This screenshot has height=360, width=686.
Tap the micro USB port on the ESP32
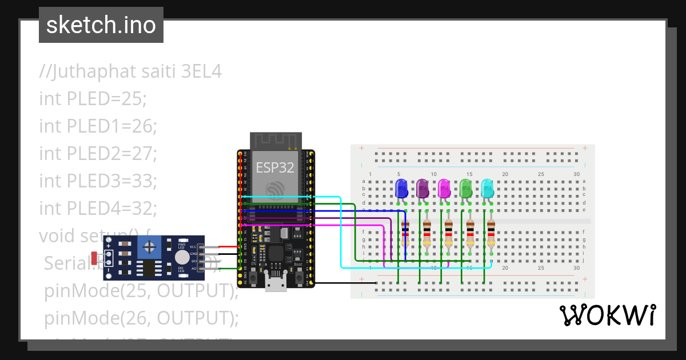click(276, 284)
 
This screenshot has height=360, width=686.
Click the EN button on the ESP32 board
click(254, 278)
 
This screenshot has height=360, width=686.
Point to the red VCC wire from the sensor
click(228, 247)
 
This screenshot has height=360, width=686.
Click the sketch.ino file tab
click(101, 25)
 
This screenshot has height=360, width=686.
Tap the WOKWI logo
click(607, 315)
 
